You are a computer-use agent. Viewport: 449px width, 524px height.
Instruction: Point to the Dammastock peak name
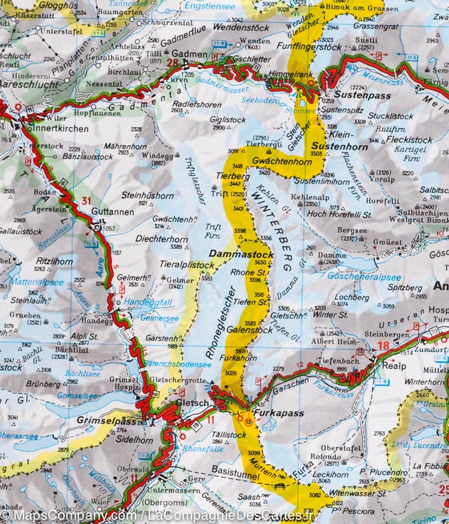tap(241, 254)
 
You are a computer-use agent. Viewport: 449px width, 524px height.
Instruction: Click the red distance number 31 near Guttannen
tap(86, 201)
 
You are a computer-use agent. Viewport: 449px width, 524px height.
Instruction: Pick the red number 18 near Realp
tap(383, 346)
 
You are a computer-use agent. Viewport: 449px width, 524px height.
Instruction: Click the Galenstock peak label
tap(249, 330)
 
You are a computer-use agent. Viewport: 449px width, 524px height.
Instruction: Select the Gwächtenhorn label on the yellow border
tap(282, 162)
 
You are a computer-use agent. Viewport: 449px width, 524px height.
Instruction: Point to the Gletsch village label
tap(192, 403)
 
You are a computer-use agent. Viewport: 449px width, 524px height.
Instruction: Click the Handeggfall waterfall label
tap(149, 302)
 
